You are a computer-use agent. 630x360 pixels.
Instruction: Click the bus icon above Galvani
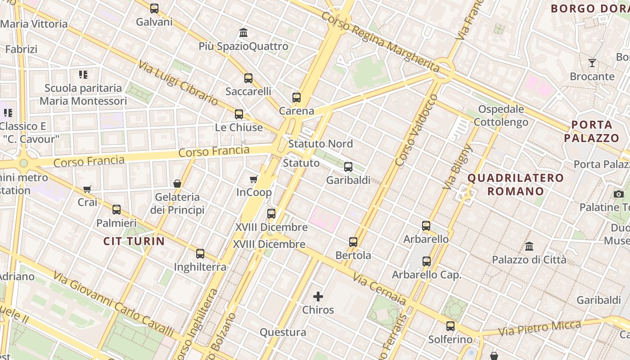tap(154, 8)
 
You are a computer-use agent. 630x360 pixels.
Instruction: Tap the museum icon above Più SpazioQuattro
tap(244, 32)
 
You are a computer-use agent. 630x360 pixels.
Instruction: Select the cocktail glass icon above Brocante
tap(592, 63)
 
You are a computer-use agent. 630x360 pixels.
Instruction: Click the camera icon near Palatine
tap(619, 194)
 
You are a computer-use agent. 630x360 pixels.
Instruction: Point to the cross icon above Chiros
tap(318, 296)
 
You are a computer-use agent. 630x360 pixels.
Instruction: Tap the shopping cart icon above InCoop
tap(254, 179)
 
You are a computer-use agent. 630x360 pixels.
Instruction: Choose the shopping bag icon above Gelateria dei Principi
tap(177, 184)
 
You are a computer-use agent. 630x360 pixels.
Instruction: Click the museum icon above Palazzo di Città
tap(529, 246)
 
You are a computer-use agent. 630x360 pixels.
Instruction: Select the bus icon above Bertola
tap(353, 242)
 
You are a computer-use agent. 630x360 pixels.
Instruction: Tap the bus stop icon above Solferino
tap(450, 326)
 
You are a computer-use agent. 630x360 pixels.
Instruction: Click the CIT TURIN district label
tap(134, 241)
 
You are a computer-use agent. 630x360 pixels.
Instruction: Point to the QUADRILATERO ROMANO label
tap(516, 184)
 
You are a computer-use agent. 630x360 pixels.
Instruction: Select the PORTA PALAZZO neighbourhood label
tap(592, 131)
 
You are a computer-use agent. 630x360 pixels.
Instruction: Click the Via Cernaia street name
tap(379, 289)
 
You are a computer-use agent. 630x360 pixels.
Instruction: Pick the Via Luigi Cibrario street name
tap(178, 83)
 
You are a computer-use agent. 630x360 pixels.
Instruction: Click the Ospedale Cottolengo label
tap(501, 115)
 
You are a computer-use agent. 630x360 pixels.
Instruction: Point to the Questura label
tap(283, 332)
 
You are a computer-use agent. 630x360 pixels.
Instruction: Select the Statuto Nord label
tap(320, 144)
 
